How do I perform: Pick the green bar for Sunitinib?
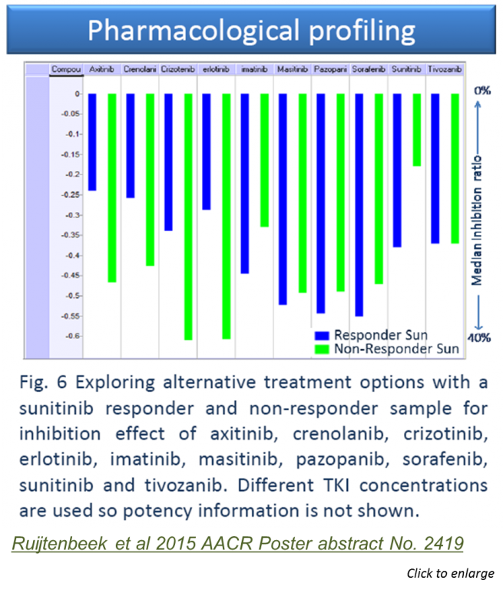pyautogui.click(x=417, y=130)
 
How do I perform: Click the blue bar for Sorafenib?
pyautogui.click(x=359, y=204)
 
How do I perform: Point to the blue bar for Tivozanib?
pyautogui.click(x=435, y=168)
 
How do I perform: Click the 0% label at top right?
pyautogui.click(x=481, y=91)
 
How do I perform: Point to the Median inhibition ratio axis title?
pyautogui.click(x=478, y=214)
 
